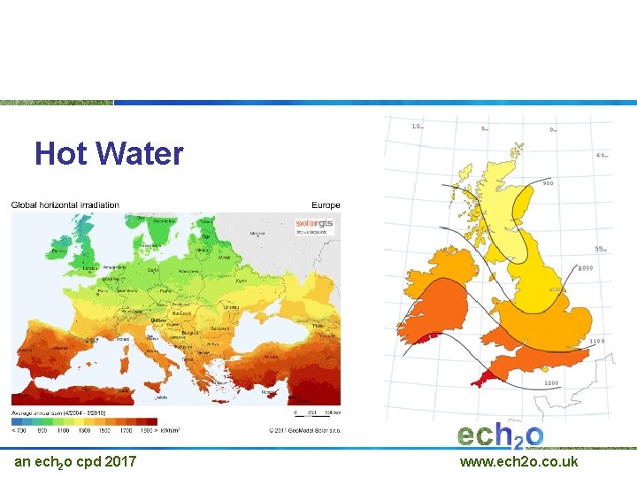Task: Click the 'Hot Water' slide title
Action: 109,154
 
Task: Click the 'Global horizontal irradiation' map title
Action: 65,205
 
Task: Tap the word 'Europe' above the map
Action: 325,205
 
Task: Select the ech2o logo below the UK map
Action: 500,435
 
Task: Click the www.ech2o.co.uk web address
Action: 518,461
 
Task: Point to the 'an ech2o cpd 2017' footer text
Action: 75,461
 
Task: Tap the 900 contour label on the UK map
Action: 548,184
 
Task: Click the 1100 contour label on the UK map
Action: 598,340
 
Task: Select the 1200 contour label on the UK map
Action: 551,383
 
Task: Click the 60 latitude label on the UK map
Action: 602,155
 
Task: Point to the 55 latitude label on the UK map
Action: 601,249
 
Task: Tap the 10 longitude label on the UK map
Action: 417,127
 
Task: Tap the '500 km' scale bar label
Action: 333,412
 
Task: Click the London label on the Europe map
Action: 89,268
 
